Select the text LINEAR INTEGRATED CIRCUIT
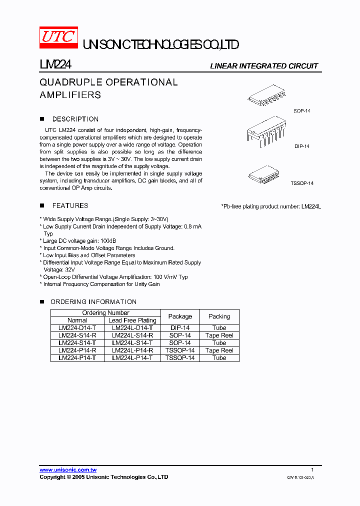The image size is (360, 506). (x=263, y=66)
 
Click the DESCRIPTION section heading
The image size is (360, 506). (x=75, y=119)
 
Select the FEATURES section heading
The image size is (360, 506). (x=70, y=205)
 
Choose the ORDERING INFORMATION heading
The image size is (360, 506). (x=93, y=301)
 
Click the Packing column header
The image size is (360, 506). (x=219, y=316)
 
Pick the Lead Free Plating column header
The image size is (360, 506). (x=132, y=320)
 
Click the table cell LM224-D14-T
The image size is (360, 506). (x=77, y=328)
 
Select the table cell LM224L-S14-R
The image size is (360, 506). (x=132, y=335)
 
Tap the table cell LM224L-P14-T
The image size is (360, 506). (x=132, y=358)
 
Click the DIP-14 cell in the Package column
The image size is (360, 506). (x=180, y=328)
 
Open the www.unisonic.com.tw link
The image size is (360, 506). (x=68, y=470)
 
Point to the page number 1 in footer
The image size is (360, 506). (x=312, y=470)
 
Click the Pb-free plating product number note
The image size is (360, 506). (x=270, y=206)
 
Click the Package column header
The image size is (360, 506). (x=180, y=316)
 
